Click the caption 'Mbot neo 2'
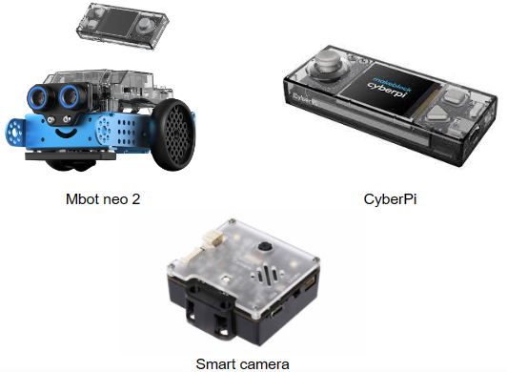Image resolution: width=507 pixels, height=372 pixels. click(103, 198)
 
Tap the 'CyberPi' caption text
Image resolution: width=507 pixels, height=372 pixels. click(390, 199)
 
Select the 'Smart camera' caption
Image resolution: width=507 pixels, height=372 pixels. click(242, 364)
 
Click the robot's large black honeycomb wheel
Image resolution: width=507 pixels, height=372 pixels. click(174, 134)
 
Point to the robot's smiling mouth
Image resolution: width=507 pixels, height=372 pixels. click(66, 134)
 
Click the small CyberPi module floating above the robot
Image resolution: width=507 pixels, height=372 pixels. click(123, 26)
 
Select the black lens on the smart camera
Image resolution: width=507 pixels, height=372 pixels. click(265, 247)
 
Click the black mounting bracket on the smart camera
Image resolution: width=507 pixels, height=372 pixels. click(209, 306)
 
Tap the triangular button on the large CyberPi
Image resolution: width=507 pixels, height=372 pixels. click(436, 114)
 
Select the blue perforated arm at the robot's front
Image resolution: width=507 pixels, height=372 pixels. click(14, 132)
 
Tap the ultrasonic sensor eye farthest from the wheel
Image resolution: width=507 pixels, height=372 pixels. click(39, 95)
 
